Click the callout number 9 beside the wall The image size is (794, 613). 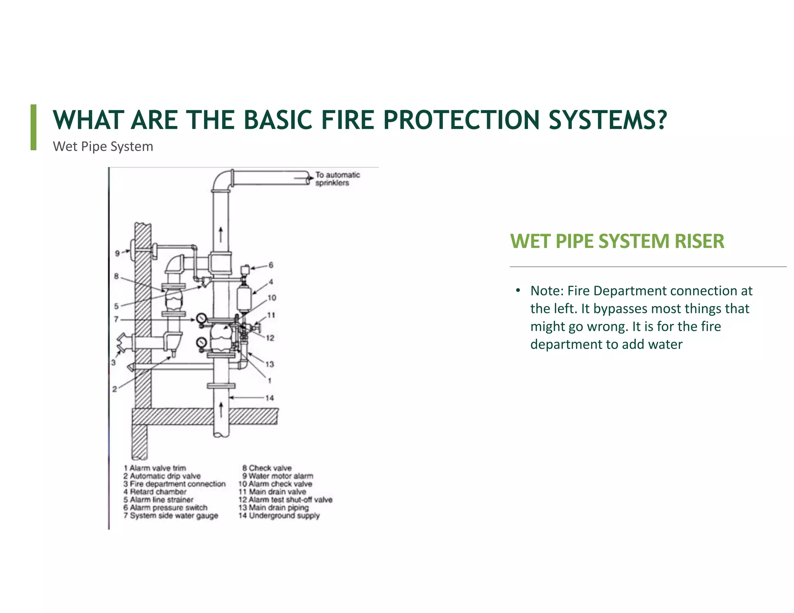(x=117, y=253)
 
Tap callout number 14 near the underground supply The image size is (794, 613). (x=269, y=398)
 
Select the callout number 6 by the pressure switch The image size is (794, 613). (x=271, y=265)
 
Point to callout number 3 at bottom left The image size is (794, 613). (x=113, y=363)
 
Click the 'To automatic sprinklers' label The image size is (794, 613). (x=337, y=179)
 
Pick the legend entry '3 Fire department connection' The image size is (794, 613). (x=174, y=484)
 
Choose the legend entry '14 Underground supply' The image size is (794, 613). (x=279, y=516)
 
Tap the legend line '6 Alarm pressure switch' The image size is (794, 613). (x=166, y=508)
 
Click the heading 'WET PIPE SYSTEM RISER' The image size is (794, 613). (x=617, y=241)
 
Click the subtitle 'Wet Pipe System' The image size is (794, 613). (x=103, y=146)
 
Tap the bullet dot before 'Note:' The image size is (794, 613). (x=518, y=291)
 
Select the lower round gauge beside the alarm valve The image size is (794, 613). (x=201, y=343)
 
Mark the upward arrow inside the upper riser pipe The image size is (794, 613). (x=221, y=235)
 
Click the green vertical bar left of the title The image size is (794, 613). (x=34, y=127)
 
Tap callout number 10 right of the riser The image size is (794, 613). (x=272, y=298)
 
